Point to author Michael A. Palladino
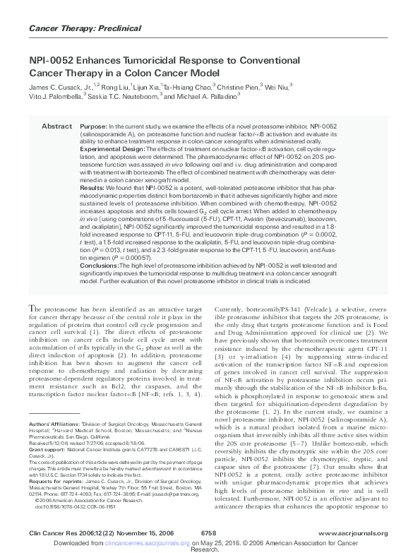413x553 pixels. pos(219,95)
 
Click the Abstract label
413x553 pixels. pos(56,126)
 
